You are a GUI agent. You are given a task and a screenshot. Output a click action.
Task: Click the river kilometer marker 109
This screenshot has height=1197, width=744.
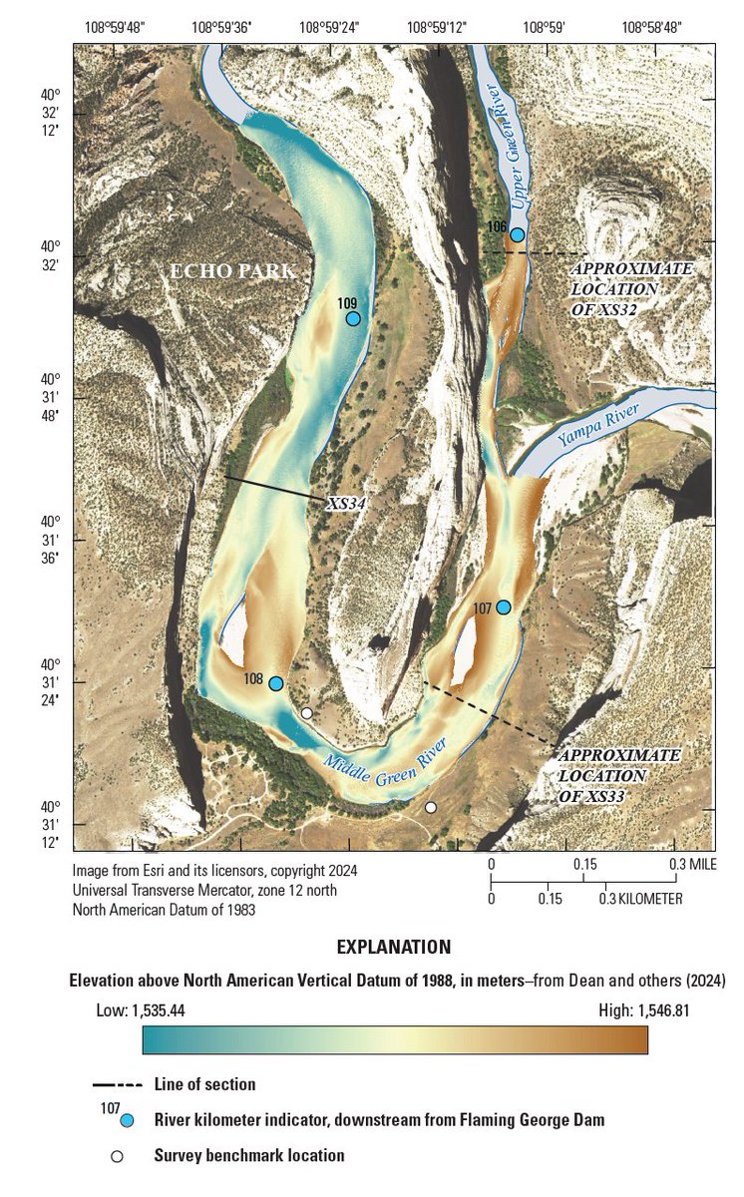click(352, 318)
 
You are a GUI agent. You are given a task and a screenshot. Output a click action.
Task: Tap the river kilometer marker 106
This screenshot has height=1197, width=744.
click(517, 234)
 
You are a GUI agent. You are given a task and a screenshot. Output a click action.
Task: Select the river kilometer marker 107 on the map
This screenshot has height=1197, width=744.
click(504, 607)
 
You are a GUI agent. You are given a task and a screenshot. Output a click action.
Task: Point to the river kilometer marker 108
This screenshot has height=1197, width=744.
click(275, 683)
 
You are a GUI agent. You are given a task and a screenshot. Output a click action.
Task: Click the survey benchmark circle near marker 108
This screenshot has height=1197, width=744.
click(307, 713)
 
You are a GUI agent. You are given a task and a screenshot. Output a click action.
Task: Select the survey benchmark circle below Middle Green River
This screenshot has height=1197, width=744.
click(431, 807)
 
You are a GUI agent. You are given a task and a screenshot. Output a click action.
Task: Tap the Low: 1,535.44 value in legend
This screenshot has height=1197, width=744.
click(140, 1010)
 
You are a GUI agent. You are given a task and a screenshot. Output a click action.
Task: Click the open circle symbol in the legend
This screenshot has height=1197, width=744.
click(117, 1156)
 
